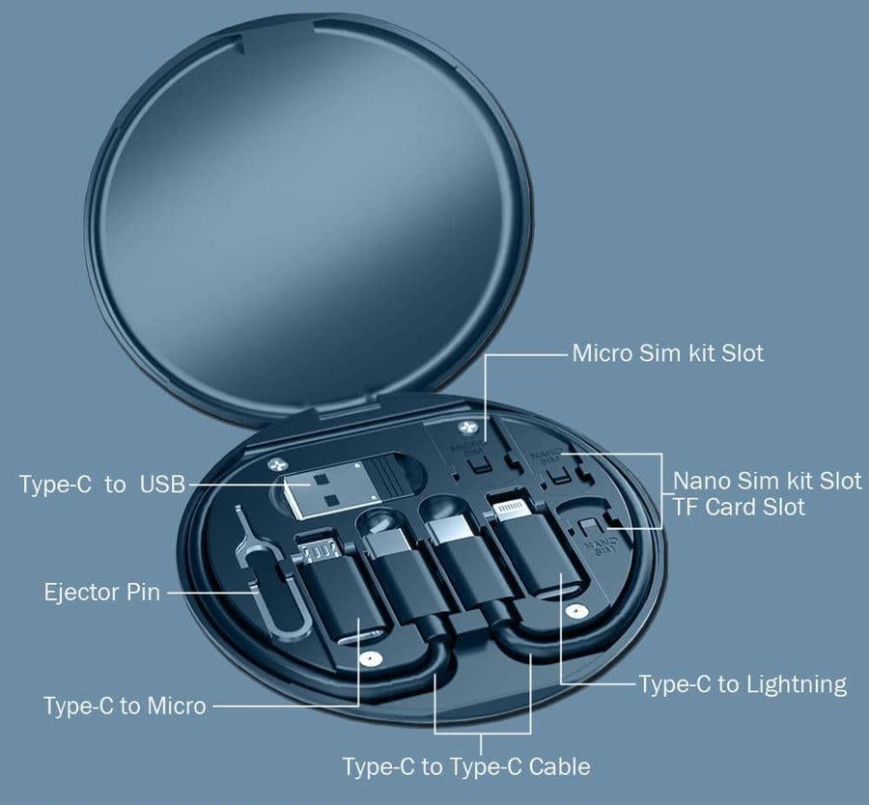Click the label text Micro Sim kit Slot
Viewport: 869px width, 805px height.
(668, 353)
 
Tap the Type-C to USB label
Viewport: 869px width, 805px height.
(102, 485)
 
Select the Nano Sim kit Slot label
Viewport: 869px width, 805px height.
(767, 481)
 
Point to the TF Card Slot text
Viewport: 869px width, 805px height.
(739, 507)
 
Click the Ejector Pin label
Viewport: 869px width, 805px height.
(102, 593)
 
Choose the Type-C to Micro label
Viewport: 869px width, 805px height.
(125, 706)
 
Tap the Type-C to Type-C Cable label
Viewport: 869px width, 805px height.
(466, 766)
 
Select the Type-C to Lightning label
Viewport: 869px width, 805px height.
(743, 684)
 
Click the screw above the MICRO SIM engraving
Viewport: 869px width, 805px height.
(469, 428)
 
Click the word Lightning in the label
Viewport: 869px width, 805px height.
(795, 684)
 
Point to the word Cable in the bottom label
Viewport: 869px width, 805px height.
(559, 766)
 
